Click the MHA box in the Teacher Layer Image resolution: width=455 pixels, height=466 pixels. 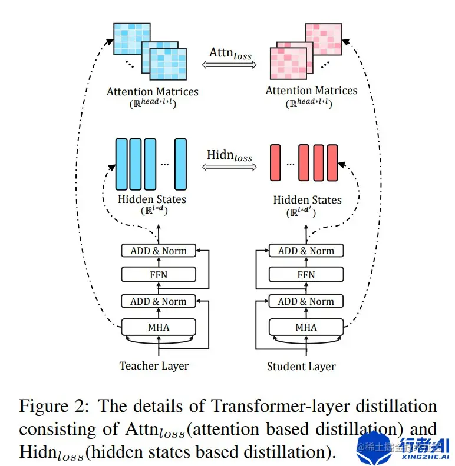point(157,327)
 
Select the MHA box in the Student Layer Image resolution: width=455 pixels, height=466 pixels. point(306,327)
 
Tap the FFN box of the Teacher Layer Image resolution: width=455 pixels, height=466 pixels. point(157,274)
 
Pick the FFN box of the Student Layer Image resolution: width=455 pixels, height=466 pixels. point(306,274)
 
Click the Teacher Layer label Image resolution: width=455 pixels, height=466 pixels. point(154,365)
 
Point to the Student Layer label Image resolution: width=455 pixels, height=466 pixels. point(301,366)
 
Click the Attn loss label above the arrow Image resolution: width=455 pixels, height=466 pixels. point(230,54)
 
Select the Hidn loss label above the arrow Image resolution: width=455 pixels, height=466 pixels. point(229,155)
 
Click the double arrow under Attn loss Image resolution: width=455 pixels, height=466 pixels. point(230,66)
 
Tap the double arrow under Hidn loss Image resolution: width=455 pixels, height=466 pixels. point(229,167)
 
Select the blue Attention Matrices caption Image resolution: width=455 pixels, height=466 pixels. point(153,92)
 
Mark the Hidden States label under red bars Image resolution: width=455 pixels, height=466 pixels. point(307,200)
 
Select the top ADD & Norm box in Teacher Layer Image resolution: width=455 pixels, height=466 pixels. point(157,251)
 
